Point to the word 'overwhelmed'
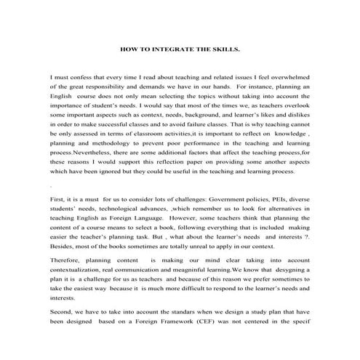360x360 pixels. point(286,76)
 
